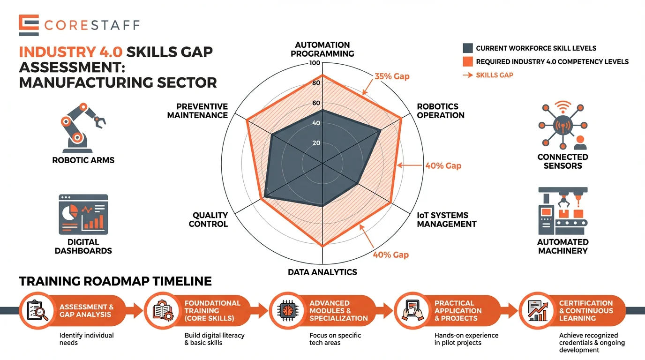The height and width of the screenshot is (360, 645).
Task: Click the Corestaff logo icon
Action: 29,25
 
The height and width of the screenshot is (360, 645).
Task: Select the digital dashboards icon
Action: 83,215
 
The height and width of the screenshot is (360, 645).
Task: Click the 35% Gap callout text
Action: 392,76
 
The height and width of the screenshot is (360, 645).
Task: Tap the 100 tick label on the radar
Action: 315,63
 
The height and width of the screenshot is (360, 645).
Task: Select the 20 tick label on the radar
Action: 316,143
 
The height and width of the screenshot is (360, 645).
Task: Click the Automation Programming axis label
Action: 322,49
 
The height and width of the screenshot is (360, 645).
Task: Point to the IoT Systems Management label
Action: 446,219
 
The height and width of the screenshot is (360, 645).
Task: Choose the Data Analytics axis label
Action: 322,272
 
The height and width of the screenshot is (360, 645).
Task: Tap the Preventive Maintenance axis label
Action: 198,111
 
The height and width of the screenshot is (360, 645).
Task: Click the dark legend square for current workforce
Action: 467,48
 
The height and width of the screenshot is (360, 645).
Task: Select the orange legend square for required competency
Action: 467,61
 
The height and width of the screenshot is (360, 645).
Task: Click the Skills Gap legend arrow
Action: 467,75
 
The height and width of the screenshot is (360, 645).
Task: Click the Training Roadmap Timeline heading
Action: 115,281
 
